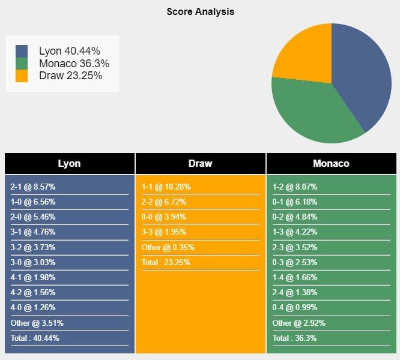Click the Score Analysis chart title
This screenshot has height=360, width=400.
pos(201,11)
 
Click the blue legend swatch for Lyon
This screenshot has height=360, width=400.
pos(22,52)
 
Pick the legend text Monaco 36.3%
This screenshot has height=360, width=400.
pos(74,64)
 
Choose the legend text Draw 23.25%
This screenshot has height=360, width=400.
pos(70,76)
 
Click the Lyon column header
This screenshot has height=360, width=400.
pos(69,163)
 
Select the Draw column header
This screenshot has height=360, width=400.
pos(200,163)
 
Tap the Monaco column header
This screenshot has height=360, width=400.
pos(331,163)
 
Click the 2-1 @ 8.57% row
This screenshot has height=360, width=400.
pos(32,187)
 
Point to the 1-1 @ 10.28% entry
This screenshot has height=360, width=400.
pos(166,187)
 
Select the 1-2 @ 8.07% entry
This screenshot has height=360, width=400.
pos(295,187)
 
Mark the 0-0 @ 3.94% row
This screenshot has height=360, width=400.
pos(164,217)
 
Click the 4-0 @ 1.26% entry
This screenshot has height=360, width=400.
pos(32,307)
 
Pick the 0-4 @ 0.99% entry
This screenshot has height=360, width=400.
pos(295,307)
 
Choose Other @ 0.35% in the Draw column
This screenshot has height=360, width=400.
pos(168,247)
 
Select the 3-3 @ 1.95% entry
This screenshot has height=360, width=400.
pos(164,232)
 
